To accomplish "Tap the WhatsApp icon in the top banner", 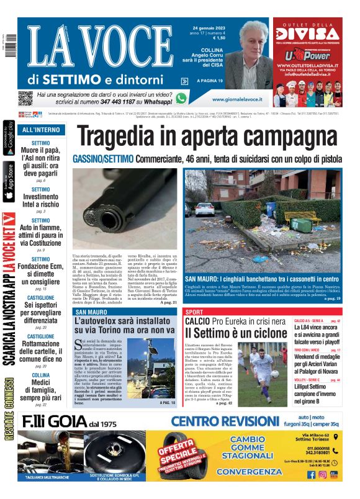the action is click(181, 98).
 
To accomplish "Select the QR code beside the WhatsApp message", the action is click(25, 98).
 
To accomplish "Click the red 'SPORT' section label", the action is click(194, 311).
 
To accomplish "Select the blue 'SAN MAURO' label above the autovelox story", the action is click(90, 312).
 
